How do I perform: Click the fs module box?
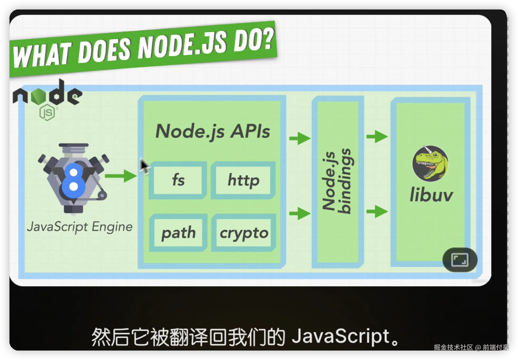point(178,180)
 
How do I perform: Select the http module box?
point(243,180)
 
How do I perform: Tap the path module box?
point(178,233)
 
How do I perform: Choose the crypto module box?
point(244,233)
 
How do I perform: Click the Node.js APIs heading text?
point(212,131)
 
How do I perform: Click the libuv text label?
point(431,195)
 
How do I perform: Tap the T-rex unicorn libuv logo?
point(430,163)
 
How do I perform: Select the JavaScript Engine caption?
point(80,227)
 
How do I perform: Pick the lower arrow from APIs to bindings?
point(300,213)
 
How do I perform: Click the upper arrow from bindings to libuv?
point(377,136)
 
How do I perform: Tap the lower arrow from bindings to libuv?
point(377,211)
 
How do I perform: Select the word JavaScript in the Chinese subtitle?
point(341,336)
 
